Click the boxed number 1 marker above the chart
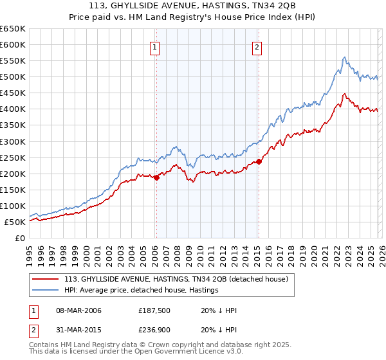click(x=156, y=46)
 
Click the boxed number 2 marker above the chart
click(x=257, y=46)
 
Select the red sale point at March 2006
click(x=156, y=177)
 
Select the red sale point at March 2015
click(x=259, y=161)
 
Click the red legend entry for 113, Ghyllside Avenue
click(x=179, y=279)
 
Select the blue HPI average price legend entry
click(x=141, y=291)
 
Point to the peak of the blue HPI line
click(x=344, y=57)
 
